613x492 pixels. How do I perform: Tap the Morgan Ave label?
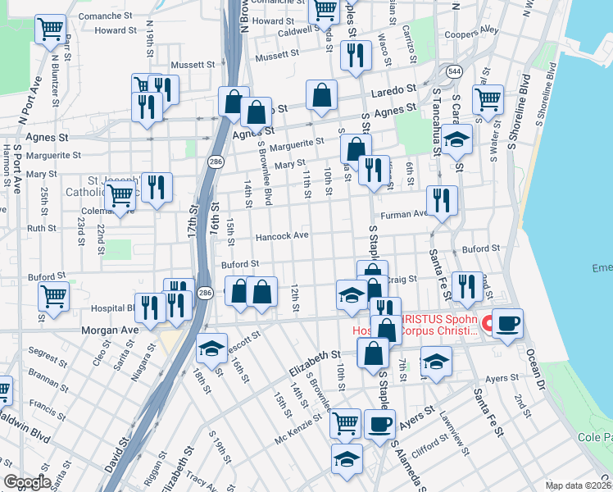(109, 330)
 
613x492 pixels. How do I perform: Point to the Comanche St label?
(109, 16)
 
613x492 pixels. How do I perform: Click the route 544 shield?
(455, 72)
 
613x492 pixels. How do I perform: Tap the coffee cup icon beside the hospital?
(507, 321)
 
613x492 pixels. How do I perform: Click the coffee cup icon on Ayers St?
(379, 423)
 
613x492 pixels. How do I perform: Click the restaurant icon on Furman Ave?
(442, 199)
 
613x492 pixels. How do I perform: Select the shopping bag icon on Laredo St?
(322, 94)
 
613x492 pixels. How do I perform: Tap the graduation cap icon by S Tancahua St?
(457, 139)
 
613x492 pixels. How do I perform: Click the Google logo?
(27, 481)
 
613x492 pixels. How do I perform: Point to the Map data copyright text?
(579, 485)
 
